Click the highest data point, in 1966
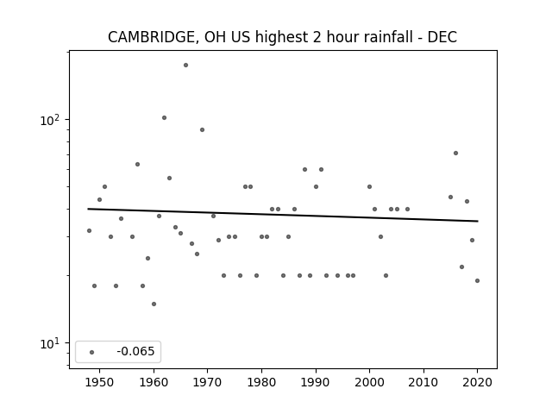(x=186, y=66)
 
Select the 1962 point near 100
(x=164, y=117)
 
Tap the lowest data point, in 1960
(x=154, y=304)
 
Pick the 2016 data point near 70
(x=455, y=154)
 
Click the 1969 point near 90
(x=202, y=129)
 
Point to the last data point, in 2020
(x=477, y=280)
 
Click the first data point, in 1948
(x=89, y=230)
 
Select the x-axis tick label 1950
(x=100, y=382)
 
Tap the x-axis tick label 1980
(x=261, y=382)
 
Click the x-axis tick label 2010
(x=423, y=382)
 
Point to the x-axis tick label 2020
(x=477, y=382)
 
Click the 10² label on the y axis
(x=50, y=120)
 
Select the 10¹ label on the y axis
(x=50, y=343)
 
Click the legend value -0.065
(x=135, y=351)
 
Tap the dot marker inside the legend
(x=92, y=352)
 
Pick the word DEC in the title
(x=442, y=37)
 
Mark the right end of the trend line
(x=478, y=221)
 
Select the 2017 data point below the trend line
(x=461, y=267)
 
